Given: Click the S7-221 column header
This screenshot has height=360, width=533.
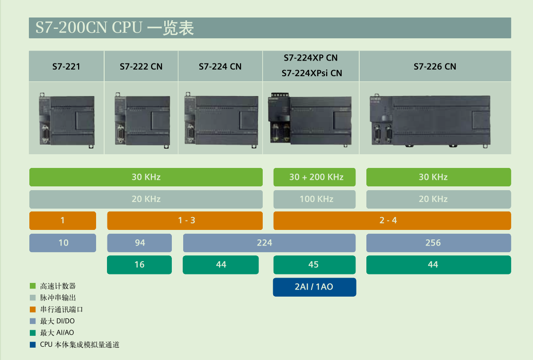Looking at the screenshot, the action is pyautogui.click(x=66, y=67).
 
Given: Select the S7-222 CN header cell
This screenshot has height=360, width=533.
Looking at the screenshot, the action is pyautogui.click(x=141, y=67).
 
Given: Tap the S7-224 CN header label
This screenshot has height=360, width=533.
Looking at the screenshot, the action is pyautogui.click(x=220, y=67).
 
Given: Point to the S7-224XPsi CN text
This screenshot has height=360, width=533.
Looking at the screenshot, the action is pyautogui.click(x=312, y=73).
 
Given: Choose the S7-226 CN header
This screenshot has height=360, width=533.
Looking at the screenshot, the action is pyautogui.click(x=435, y=67).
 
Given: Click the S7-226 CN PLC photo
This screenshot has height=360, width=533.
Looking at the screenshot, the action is pyautogui.click(x=430, y=121).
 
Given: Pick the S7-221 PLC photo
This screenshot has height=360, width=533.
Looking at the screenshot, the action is pyautogui.click(x=67, y=121).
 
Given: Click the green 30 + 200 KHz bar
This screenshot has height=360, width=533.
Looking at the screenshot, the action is pyautogui.click(x=314, y=177).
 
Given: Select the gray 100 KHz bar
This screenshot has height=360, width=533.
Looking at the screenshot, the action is pyautogui.click(x=314, y=199).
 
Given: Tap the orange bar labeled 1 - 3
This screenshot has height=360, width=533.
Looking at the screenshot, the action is pyautogui.click(x=185, y=221).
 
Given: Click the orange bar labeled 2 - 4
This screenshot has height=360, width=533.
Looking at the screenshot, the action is pyautogui.click(x=392, y=221).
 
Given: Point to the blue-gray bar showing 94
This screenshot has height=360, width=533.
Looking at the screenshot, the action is pyautogui.click(x=139, y=243).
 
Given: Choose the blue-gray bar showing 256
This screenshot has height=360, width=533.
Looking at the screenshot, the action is pyautogui.click(x=438, y=243).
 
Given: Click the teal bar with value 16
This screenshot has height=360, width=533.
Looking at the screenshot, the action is pyautogui.click(x=139, y=265).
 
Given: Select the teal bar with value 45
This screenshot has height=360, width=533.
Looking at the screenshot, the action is pyautogui.click(x=314, y=265).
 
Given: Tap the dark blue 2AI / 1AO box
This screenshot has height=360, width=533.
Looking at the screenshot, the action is pyautogui.click(x=314, y=287).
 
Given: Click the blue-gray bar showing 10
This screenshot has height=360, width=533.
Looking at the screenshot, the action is pyautogui.click(x=62, y=243).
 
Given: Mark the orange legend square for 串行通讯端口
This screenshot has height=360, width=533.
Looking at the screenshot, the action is pyautogui.click(x=33, y=309).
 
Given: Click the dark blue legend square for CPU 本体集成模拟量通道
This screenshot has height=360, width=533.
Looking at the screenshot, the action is pyautogui.click(x=33, y=345).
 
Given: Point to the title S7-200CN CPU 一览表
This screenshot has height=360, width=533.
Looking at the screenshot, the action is pyautogui.click(x=115, y=28).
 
